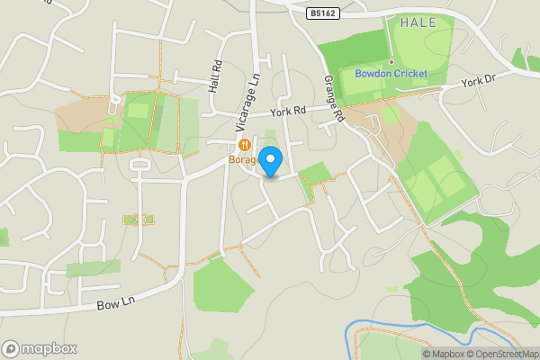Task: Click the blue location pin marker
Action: point(270,160)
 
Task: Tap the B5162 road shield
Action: point(323,13)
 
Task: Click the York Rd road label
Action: point(288,112)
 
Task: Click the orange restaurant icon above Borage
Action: point(244,145)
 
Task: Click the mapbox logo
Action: point(40,348)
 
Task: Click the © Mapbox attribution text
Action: point(444,354)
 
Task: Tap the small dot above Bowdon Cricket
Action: point(391,62)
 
